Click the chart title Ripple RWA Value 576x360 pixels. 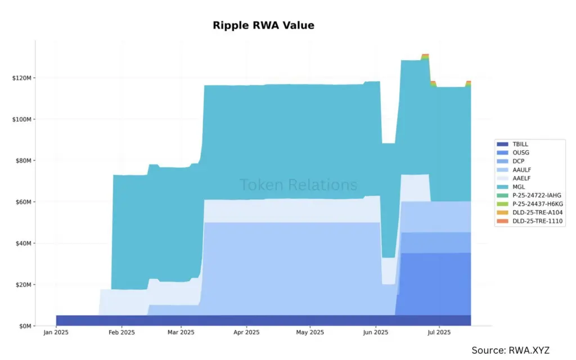pos(263,25)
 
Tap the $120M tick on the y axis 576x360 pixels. pos(22,78)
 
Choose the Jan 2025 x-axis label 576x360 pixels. pos(56,332)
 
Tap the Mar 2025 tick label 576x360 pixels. pos(181,332)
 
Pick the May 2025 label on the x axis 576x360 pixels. pos(310,332)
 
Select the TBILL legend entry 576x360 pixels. pos(521,144)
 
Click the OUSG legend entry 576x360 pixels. pos(521,152)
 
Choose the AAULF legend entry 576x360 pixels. pos(523,169)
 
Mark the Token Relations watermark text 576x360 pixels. pos(298,184)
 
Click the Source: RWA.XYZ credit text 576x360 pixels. pos(519,350)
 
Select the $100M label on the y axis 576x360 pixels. pos(22,119)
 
